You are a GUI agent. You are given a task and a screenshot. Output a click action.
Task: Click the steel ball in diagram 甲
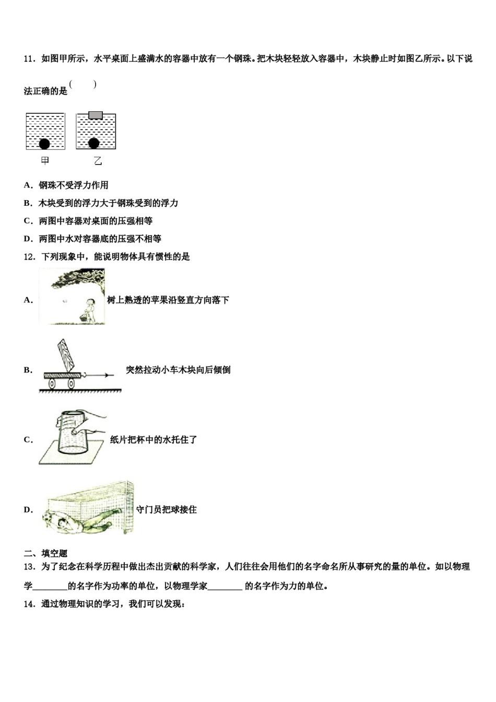45,143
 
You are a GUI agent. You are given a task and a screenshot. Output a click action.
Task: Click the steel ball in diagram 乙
94,143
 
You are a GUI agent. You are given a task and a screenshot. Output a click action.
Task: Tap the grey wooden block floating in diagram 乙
96,115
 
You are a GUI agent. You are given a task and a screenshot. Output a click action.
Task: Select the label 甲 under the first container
45,161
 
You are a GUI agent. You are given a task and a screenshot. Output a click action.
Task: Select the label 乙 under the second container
98,161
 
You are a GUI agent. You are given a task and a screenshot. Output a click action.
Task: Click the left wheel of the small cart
53,384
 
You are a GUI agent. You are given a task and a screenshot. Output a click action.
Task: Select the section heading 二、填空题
46,554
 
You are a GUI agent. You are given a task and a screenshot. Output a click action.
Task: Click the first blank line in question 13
50,587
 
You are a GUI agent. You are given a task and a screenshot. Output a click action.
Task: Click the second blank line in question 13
225,587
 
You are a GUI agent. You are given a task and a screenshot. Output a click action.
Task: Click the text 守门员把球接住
167,510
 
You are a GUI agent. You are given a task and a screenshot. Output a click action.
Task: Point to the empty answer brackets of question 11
83,85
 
